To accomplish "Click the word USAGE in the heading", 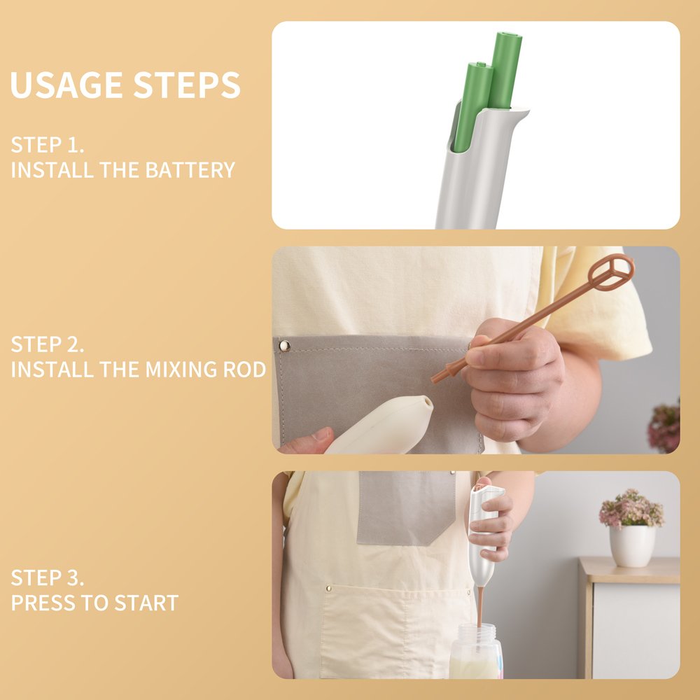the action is [x=66, y=85].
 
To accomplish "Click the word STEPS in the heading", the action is [x=187, y=85].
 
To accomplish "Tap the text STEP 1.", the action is [x=48, y=145].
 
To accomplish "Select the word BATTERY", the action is [x=190, y=170].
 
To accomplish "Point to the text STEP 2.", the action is [x=48, y=344].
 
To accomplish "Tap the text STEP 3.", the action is [x=48, y=577].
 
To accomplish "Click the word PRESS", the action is [x=43, y=603].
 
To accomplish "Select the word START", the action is [x=146, y=603].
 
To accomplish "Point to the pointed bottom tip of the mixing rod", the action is [x=433, y=381].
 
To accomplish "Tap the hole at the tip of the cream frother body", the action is [x=428, y=402].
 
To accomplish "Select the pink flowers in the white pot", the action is [x=631, y=508].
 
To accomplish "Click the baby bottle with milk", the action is [x=476, y=652].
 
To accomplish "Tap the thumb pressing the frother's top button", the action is [x=483, y=482].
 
